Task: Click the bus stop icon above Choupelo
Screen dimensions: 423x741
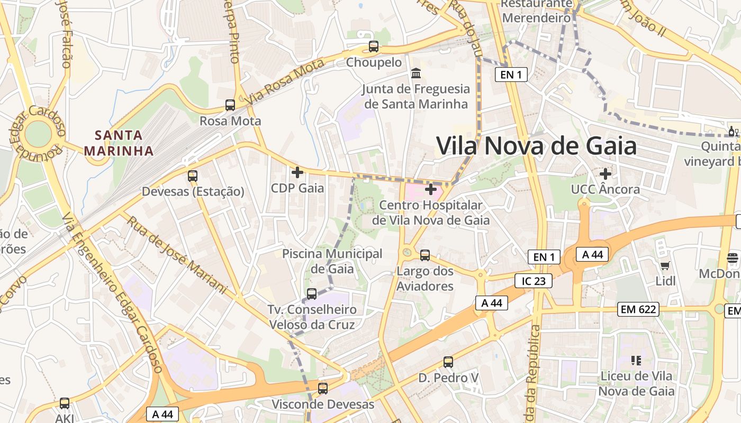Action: pyautogui.click(x=374, y=47)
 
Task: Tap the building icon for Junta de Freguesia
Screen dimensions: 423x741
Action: pyautogui.click(x=416, y=73)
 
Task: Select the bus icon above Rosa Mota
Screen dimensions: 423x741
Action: pyautogui.click(x=230, y=105)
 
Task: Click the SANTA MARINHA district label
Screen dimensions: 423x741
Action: pyautogui.click(x=119, y=143)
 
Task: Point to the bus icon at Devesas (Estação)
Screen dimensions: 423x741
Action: pyautogui.click(x=193, y=176)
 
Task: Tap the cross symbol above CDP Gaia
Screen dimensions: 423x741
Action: pyautogui.click(x=297, y=172)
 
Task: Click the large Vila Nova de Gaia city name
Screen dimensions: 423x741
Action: pyautogui.click(x=536, y=145)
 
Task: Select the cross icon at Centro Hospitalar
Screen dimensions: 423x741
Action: pyautogui.click(x=431, y=189)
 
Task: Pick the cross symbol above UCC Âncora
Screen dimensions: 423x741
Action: pyautogui.click(x=606, y=173)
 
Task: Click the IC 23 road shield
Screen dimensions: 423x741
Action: pyautogui.click(x=534, y=281)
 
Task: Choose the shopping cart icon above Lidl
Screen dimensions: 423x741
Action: pyautogui.click(x=665, y=265)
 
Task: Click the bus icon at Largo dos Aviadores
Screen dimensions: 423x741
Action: pyautogui.click(x=425, y=255)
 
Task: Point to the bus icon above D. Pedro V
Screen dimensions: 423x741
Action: pyautogui.click(x=448, y=362)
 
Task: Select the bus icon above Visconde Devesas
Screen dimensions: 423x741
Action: pyautogui.click(x=323, y=389)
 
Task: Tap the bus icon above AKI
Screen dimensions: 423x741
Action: pyautogui.click(x=65, y=403)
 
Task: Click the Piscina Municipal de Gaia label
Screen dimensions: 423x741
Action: pyautogui.click(x=332, y=261)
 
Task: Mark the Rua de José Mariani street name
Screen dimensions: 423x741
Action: pyautogui.click(x=177, y=254)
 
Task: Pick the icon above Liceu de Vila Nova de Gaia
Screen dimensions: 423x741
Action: pyautogui.click(x=636, y=361)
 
